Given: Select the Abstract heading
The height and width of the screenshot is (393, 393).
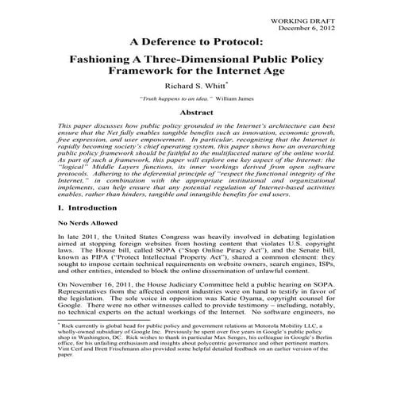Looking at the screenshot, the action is coord(197,116).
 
